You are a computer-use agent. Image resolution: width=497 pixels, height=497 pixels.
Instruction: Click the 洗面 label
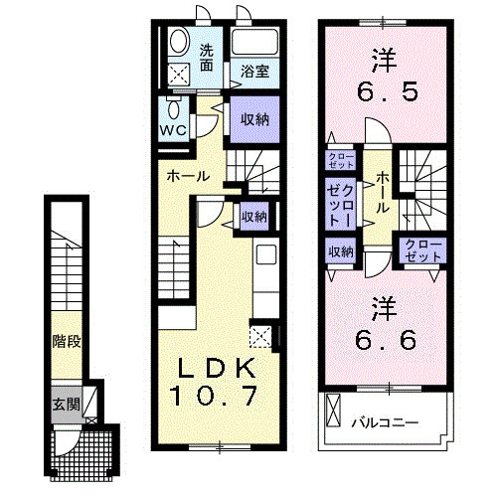click(x=207, y=58)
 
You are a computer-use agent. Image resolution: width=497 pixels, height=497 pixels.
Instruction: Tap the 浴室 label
click(x=254, y=71)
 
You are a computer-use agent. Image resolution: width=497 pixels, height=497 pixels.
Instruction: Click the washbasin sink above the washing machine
click(x=179, y=42)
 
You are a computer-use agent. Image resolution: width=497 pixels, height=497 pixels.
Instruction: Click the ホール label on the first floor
click(x=188, y=176)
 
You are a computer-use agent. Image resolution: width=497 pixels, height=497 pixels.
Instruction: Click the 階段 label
click(x=67, y=341)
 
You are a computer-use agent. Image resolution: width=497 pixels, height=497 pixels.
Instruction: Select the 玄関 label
click(x=66, y=405)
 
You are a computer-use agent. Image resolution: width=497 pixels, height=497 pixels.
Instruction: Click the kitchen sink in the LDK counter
click(x=265, y=255)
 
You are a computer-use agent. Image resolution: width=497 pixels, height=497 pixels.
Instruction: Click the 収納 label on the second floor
click(x=340, y=251)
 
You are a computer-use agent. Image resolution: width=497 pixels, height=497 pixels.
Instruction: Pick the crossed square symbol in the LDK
click(x=261, y=335)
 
